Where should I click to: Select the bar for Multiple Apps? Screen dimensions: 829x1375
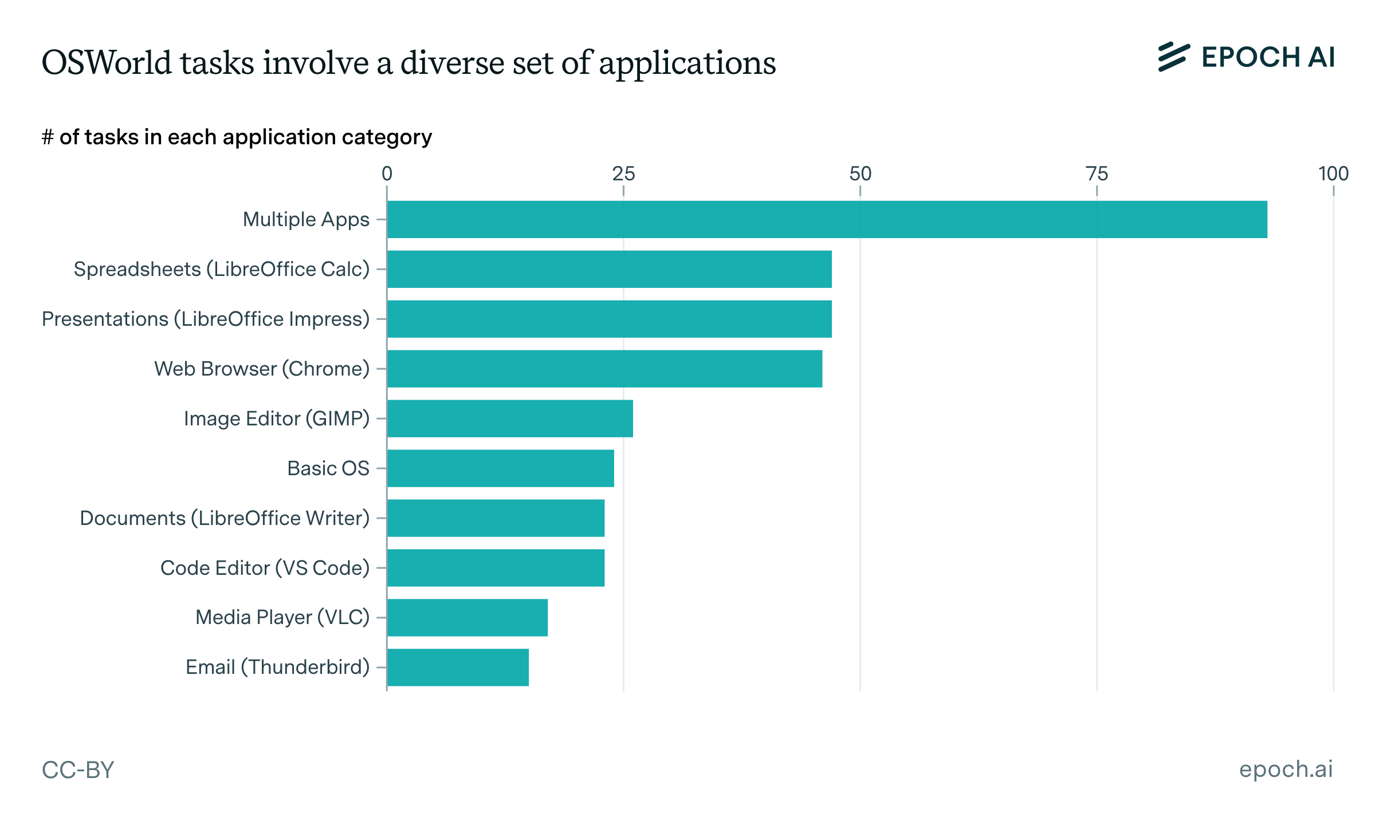[827, 219]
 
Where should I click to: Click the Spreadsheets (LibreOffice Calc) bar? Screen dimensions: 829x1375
[609, 269]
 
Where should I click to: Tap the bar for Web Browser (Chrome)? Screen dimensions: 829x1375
[604, 369]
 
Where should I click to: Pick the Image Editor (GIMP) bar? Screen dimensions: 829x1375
[510, 419]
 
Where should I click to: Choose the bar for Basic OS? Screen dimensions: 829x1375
[500, 468]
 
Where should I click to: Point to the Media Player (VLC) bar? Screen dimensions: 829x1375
[467, 618]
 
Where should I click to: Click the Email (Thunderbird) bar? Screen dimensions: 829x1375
[458, 668]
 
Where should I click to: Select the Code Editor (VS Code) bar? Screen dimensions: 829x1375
[496, 568]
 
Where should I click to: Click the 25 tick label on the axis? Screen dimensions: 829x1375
[623, 173]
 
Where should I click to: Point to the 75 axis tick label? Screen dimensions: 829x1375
[1097, 173]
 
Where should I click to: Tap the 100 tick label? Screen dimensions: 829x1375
[1333, 173]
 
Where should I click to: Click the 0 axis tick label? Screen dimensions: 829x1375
[387, 173]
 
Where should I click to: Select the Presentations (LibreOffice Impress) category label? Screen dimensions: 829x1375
[206, 319]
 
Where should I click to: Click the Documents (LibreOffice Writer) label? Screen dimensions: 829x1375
[225, 518]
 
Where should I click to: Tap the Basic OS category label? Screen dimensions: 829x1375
[328, 468]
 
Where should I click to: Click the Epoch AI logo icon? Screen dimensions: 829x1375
[1173, 57]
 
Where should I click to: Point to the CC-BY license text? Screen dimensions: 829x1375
[78, 770]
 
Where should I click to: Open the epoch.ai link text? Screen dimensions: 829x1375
[1286, 769]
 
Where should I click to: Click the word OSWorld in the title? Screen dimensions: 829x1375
[107, 62]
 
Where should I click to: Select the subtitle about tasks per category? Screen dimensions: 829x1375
[237, 137]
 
